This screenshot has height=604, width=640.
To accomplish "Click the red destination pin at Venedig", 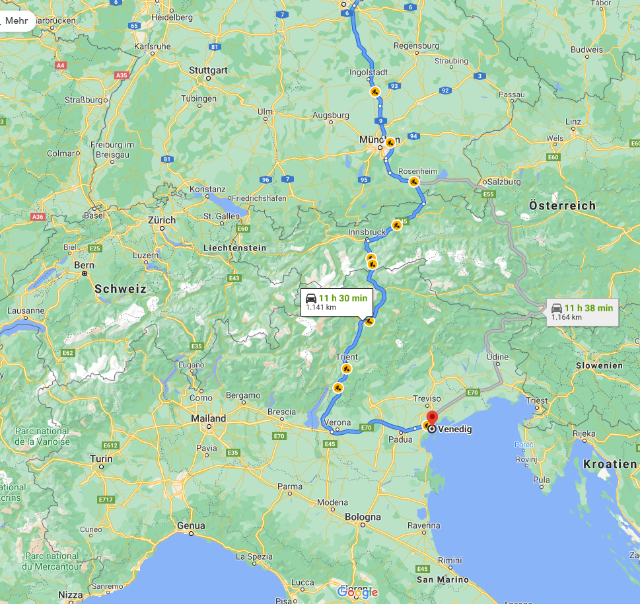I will tap(431, 418).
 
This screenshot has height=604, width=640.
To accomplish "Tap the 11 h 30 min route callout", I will tap(336, 302).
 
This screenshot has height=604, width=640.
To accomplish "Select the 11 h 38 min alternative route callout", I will tap(582, 311).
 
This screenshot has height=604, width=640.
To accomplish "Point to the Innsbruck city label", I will tap(367, 232).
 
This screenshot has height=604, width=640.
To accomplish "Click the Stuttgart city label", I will tap(208, 70).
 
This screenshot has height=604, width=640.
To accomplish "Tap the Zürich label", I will tap(162, 220).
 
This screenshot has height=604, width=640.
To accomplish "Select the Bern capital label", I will tap(85, 265).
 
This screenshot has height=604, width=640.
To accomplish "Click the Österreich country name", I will tap(562, 206).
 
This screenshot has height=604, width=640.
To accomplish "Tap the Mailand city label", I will tap(208, 418).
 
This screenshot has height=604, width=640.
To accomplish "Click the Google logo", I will tap(357, 591).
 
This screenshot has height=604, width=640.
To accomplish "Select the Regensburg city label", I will tap(416, 46).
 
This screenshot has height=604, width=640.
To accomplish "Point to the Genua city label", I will tap(192, 526).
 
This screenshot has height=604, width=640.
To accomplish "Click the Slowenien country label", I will tap(598, 365).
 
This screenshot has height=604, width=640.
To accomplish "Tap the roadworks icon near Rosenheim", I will tap(413, 181).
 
